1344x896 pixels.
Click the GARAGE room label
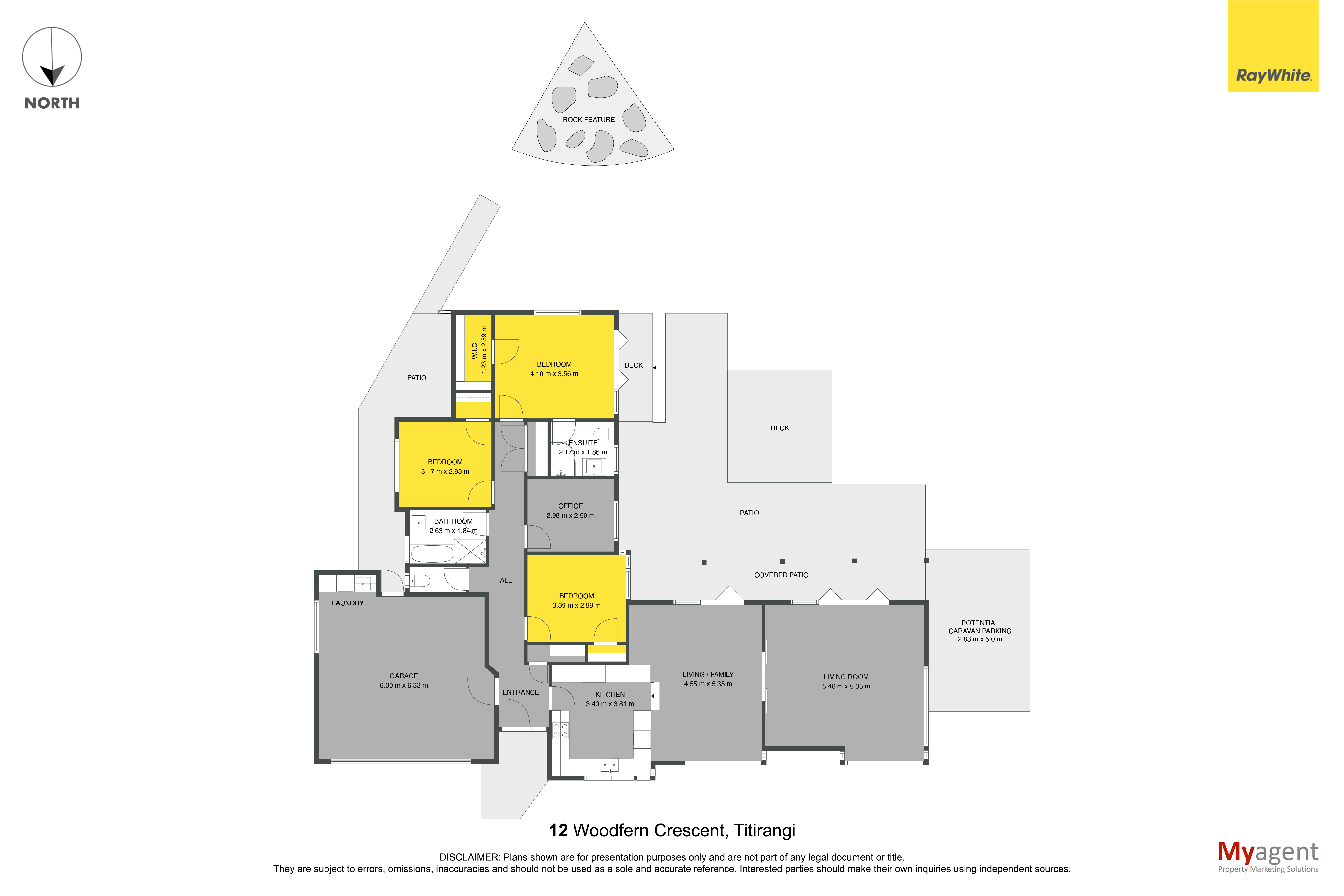(404, 676)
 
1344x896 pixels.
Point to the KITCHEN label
(610, 694)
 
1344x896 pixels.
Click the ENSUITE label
(583, 443)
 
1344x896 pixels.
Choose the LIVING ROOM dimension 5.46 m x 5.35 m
(846, 686)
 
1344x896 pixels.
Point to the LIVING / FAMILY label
(708, 674)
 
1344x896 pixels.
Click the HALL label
(503, 580)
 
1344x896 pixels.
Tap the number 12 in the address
(558, 830)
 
